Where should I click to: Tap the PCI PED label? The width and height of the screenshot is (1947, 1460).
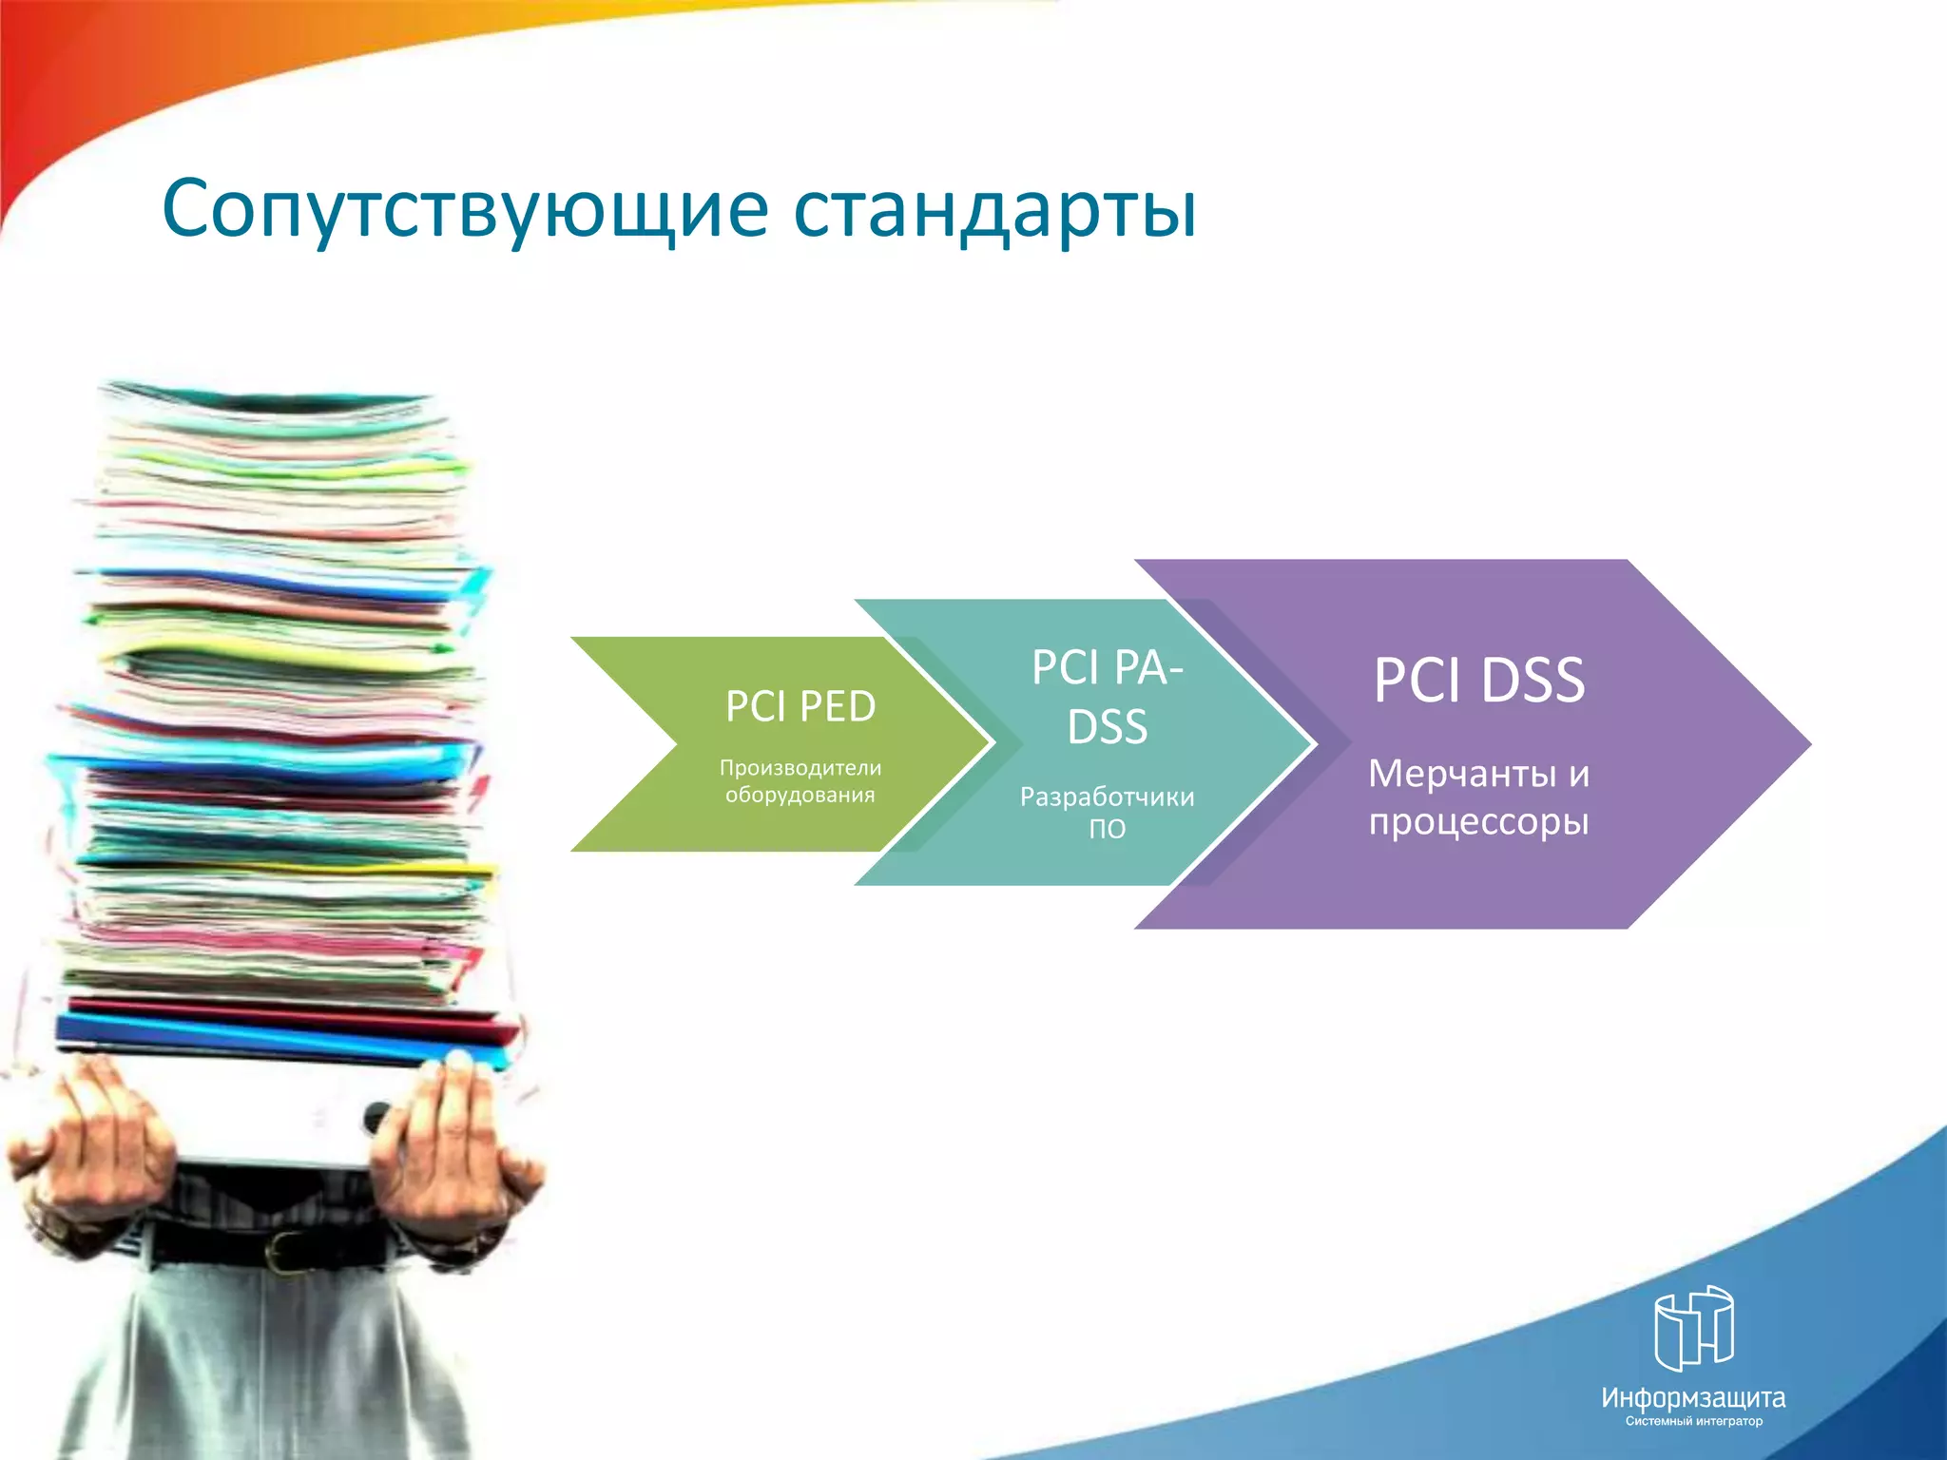(800, 706)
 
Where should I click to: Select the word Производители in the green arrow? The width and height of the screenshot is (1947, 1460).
(800, 767)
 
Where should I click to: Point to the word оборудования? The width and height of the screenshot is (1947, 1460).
(800, 795)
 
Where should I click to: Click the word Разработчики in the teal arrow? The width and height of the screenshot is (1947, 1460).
(1107, 797)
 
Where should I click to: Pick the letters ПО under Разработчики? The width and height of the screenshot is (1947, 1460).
(1107, 829)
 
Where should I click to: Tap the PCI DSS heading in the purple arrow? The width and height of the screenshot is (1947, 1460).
(1478, 681)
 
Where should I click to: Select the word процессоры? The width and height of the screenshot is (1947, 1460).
(1478, 821)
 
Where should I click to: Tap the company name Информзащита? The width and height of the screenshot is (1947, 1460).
(1693, 1397)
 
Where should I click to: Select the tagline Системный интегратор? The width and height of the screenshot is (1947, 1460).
(1693, 1422)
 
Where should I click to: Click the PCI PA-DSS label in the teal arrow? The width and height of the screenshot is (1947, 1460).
(1107, 697)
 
